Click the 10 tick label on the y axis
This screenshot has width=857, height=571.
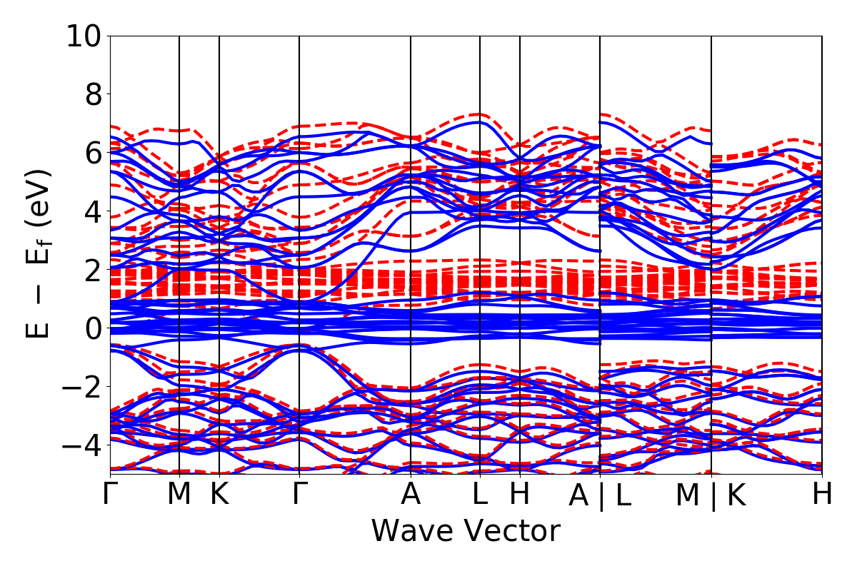point(84,36)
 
